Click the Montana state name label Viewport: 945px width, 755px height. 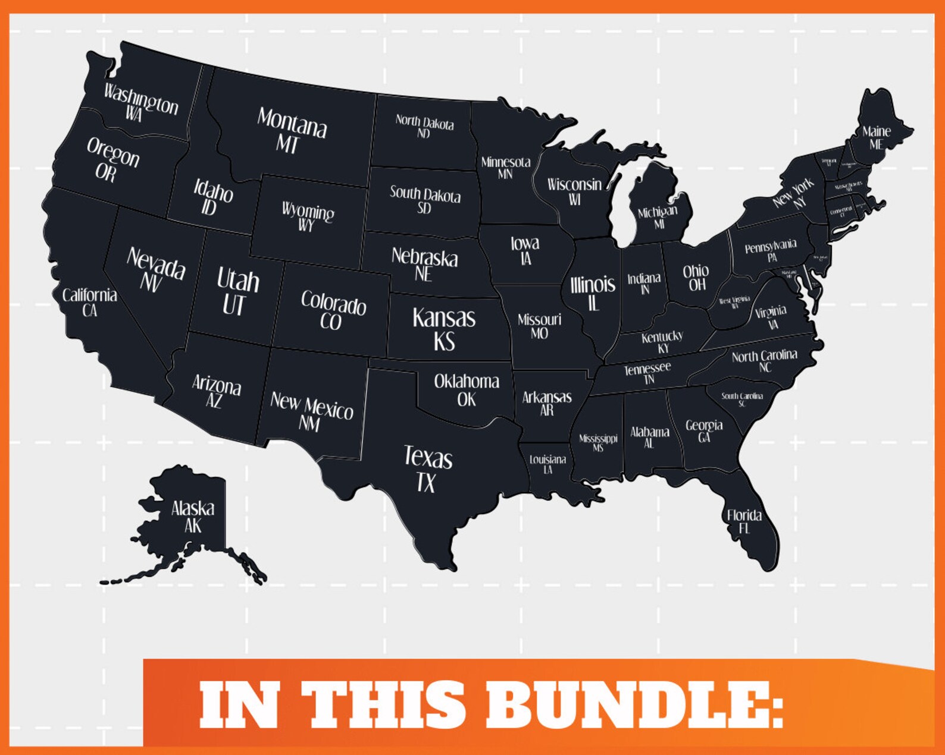292,122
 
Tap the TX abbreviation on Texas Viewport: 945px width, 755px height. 426,483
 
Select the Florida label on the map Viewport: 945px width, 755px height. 744,515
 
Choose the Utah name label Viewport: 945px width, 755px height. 238,279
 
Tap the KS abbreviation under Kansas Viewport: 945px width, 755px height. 444,342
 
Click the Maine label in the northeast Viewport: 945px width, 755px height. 877,131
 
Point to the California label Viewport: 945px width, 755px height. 89,295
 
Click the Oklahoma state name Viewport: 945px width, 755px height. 467,381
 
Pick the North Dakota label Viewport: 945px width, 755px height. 424,122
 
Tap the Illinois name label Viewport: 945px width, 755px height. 593,285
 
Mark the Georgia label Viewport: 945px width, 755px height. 704,425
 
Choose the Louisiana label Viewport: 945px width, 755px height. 547,460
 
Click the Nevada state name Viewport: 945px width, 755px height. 156,263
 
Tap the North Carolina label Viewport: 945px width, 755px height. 764,356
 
